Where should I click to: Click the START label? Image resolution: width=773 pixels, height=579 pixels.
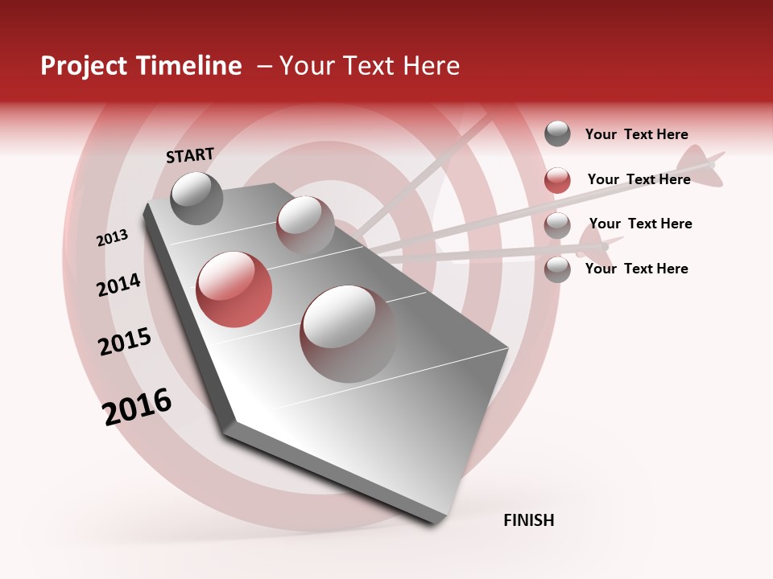[x=190, y=155]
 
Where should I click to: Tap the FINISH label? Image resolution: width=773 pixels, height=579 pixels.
[x=529, y=520]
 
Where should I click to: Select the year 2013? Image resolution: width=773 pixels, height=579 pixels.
[x=112, y=238]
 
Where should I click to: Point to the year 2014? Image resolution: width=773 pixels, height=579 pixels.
[x=118, y=285]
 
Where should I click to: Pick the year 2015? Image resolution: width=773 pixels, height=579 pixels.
[x=125, y=342]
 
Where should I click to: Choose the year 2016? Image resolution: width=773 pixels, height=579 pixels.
[x=137, y=406]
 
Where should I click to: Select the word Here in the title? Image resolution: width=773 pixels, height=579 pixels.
[x=431, y=66]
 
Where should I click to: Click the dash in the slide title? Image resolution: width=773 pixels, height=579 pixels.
[x=264, y=66]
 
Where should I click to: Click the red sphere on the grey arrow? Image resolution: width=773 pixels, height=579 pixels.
[x=234, y=289]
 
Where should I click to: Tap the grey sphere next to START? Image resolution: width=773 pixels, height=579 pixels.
[x=197, y=198]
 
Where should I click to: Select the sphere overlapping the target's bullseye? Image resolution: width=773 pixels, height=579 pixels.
[x=305, y=224]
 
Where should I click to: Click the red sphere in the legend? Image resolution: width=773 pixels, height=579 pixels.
[x=557, y=180]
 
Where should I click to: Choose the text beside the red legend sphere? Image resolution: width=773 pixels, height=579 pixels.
[x=639, y=179]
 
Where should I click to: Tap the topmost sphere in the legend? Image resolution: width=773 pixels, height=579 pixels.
[x=557, y=133]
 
